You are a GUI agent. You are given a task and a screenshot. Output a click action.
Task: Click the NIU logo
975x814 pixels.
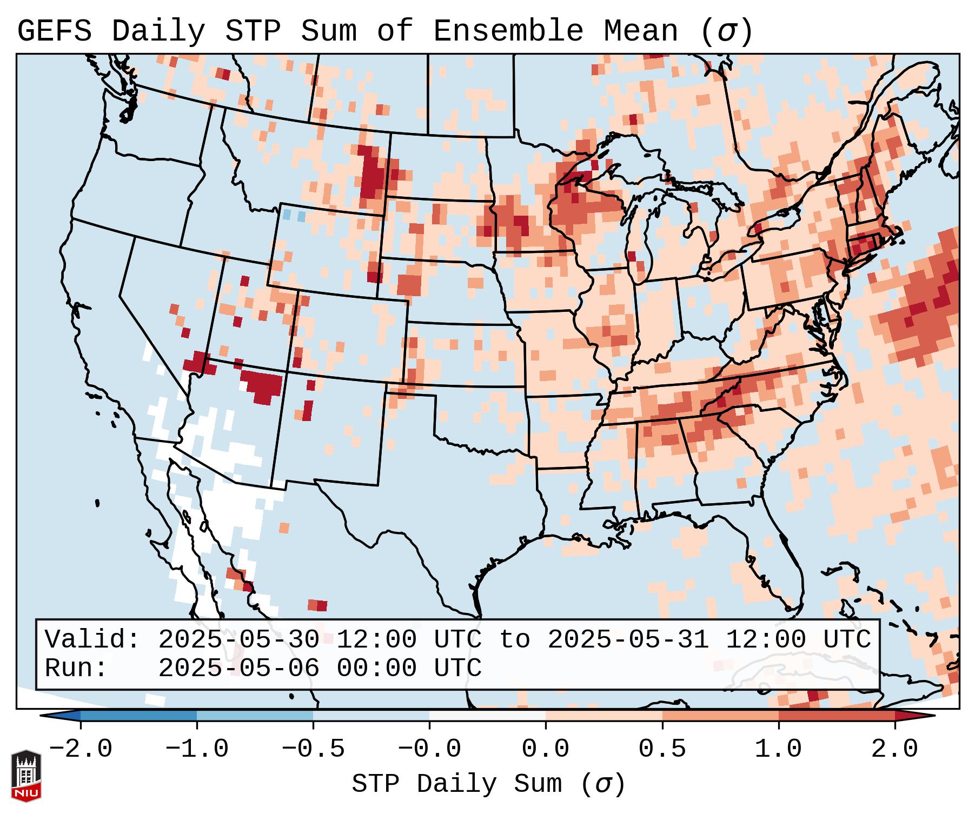click(26, 776)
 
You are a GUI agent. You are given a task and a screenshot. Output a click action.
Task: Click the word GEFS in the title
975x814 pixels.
click(54, 31)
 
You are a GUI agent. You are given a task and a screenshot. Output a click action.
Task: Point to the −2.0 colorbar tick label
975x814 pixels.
click(81, 749)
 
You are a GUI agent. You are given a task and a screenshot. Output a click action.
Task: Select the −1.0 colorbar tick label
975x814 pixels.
click(197, 749)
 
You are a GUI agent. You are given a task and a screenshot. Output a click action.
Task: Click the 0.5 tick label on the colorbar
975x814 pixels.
click(662, 749)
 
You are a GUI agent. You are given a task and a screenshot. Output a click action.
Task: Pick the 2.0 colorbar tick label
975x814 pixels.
click(895, 749)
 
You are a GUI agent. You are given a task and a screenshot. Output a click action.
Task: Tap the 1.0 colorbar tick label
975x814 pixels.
click(779, 749)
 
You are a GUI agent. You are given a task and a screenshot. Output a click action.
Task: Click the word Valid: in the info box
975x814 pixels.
click(92, 639)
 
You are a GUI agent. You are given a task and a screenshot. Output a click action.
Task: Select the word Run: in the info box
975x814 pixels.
click(76, 668)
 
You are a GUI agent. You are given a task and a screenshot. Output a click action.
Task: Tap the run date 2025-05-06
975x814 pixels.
click(238, 668)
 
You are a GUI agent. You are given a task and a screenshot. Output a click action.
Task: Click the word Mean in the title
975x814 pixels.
click(641, 31)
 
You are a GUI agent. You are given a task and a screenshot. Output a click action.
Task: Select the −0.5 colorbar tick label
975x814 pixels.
click(313, 749)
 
